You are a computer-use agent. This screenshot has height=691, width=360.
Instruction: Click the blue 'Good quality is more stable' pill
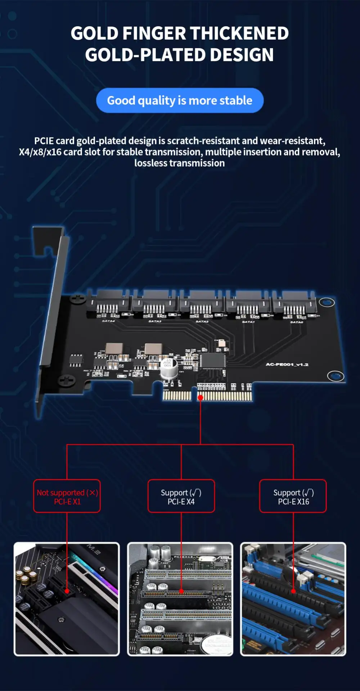click(180, 100)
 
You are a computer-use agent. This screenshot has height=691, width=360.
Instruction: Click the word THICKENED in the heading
click(239, 33)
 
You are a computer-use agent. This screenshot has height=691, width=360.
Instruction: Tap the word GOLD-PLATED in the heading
click(145, 55)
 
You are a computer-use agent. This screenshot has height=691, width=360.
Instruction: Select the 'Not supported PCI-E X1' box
click(67, 496)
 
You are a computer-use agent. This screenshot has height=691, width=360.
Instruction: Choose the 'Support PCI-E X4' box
click(181, 496)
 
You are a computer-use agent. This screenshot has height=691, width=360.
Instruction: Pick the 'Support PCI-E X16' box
click(293, 496)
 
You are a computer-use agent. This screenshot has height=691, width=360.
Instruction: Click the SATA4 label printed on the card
click(108, 321)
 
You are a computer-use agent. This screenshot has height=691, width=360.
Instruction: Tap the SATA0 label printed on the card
click(297, 322)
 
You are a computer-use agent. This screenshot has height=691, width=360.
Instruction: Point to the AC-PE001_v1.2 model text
click(287, 365)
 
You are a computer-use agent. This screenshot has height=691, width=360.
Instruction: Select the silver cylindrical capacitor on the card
click(168, 367)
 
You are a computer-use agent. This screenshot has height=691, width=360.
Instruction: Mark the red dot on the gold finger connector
click(201, 397)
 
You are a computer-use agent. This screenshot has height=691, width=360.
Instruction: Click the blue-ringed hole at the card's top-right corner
click(327, 302)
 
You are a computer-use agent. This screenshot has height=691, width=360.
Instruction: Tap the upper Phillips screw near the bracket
click(77, 299)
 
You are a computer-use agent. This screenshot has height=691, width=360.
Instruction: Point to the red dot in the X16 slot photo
click(293, 591)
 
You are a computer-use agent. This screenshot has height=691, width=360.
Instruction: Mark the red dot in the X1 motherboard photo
click(67, 591)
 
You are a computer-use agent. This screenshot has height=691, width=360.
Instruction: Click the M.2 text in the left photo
click(94, 550)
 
